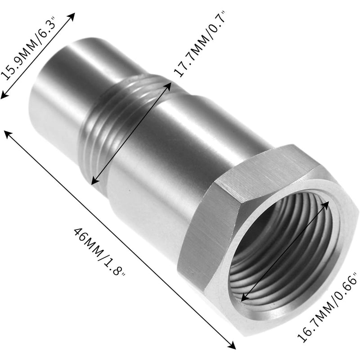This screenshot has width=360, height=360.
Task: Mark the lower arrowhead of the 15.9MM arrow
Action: (x=3, y=95)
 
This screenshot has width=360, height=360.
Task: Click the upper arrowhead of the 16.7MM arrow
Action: (x=327, y=203)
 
